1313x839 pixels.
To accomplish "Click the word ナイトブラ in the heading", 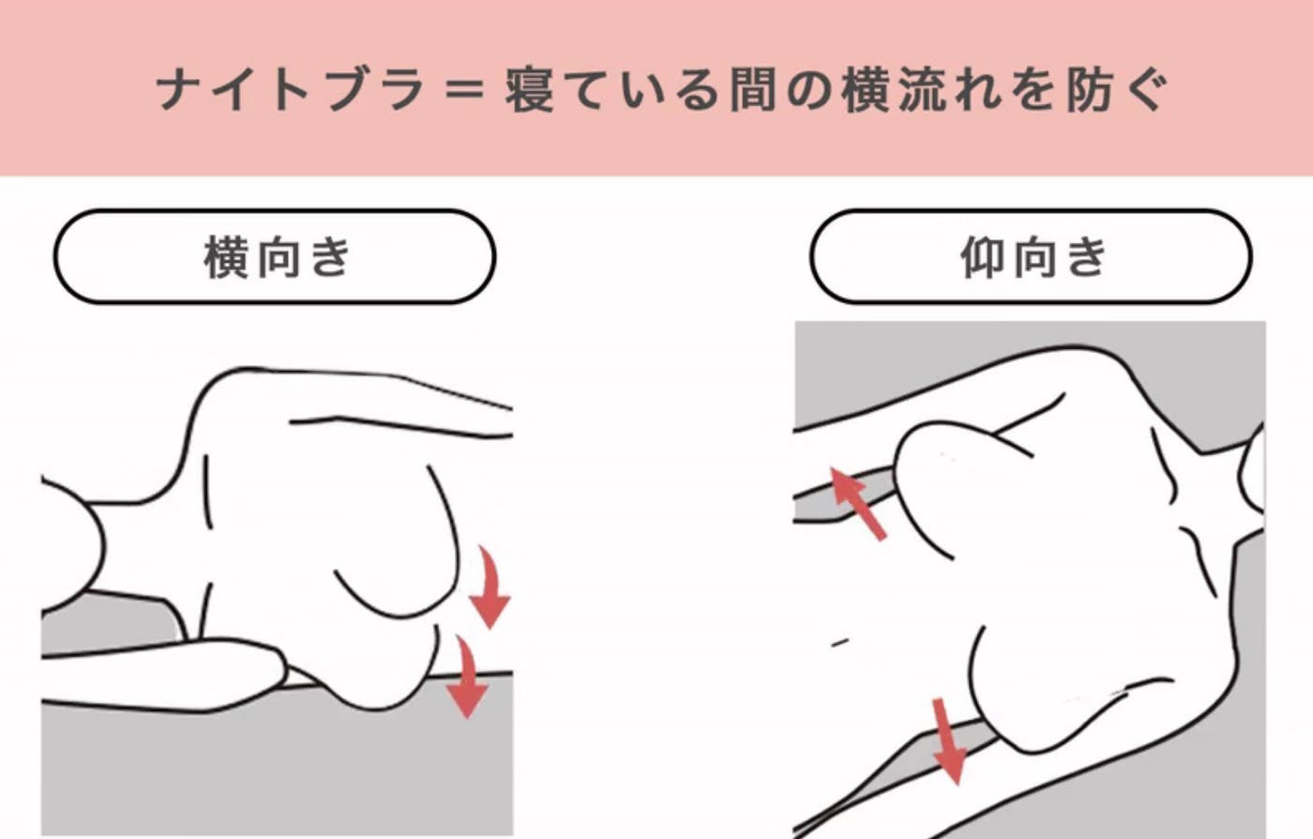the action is [x=292, y=90].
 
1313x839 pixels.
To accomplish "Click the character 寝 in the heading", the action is [x=530, y=90].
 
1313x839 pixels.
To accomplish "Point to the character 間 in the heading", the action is [x=753, y=90].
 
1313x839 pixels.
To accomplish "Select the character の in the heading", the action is [x=808, y=91].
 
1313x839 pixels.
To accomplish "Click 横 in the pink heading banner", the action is [x=865, y=90].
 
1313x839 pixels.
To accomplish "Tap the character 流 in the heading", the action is [x=921, y=90].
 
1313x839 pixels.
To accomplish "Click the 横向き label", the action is [x=276, y=257].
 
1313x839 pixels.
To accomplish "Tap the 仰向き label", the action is [x=1033, y=257].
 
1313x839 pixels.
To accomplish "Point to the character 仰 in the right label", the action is [x=983, y=257].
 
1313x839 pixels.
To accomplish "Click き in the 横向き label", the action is [x=330, y=257].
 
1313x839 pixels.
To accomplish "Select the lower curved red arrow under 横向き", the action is [x=467, y=678].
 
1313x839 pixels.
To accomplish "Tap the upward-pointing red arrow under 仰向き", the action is [x=857, y=503].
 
